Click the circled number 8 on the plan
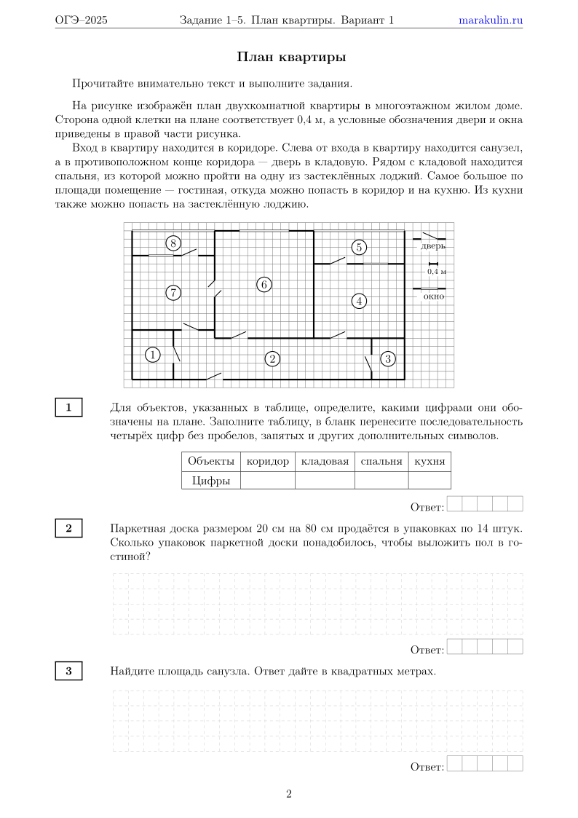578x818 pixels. click(173, 243)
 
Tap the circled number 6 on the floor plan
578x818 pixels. click(264, 284)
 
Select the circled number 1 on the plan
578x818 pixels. click(152, 355)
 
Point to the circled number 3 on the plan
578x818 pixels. click(388, 358)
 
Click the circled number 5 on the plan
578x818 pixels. click(358, 247)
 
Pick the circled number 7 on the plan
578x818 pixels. click(173, 293)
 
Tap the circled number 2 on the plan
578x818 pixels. click(272, 358)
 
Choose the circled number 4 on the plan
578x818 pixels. click(359, 300)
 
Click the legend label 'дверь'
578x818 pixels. click(432, 246)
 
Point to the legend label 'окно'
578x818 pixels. click(434, 296)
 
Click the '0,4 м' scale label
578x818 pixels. click(436, 271)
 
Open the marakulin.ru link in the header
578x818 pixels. click(491, 20)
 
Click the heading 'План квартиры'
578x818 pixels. click(291, 57)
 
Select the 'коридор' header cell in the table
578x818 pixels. click(268, 461)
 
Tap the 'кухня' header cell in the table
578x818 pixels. click(429, 461)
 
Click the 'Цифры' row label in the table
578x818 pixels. click(211, 480)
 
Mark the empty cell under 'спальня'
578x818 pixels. click(381, 480)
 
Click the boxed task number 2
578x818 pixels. click(69, 528)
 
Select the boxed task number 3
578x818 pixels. click(69, 672)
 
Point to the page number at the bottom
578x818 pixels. click(289, 794)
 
